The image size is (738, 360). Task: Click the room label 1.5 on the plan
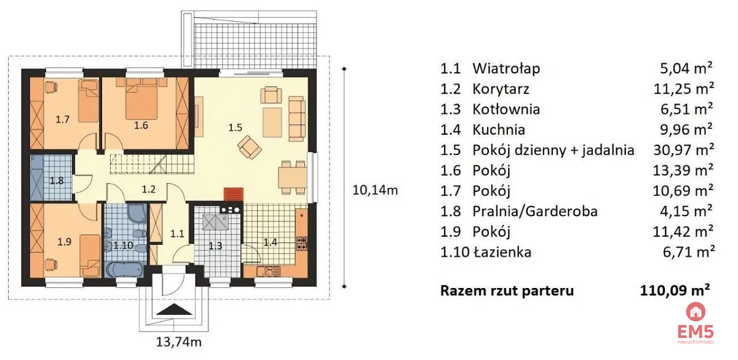pos(235,127)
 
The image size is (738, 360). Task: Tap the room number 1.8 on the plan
pos(57,181)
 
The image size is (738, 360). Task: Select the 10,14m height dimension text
pos(375,190)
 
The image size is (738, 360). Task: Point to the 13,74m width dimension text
pos(178,342)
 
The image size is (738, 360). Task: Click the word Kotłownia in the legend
pos(506,110)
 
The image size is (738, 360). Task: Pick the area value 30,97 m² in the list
pos(683,150)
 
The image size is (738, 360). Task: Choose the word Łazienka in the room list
pos(502,252)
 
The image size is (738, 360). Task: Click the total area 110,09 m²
pos(675,290)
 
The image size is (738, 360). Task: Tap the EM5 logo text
pos(696,331)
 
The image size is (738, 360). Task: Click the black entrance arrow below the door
pos(174,310)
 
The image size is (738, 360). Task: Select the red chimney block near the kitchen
pos(234,194)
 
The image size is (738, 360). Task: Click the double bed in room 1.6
pos(141,98)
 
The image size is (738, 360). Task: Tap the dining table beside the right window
pos(293,178)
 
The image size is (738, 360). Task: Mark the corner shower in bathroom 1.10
pos(137,213)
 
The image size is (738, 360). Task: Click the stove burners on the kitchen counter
pos(302,243)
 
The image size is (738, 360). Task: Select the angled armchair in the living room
pos(250,147)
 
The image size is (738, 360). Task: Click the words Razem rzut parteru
pos(507,290)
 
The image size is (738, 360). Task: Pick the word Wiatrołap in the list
pos(506,68)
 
